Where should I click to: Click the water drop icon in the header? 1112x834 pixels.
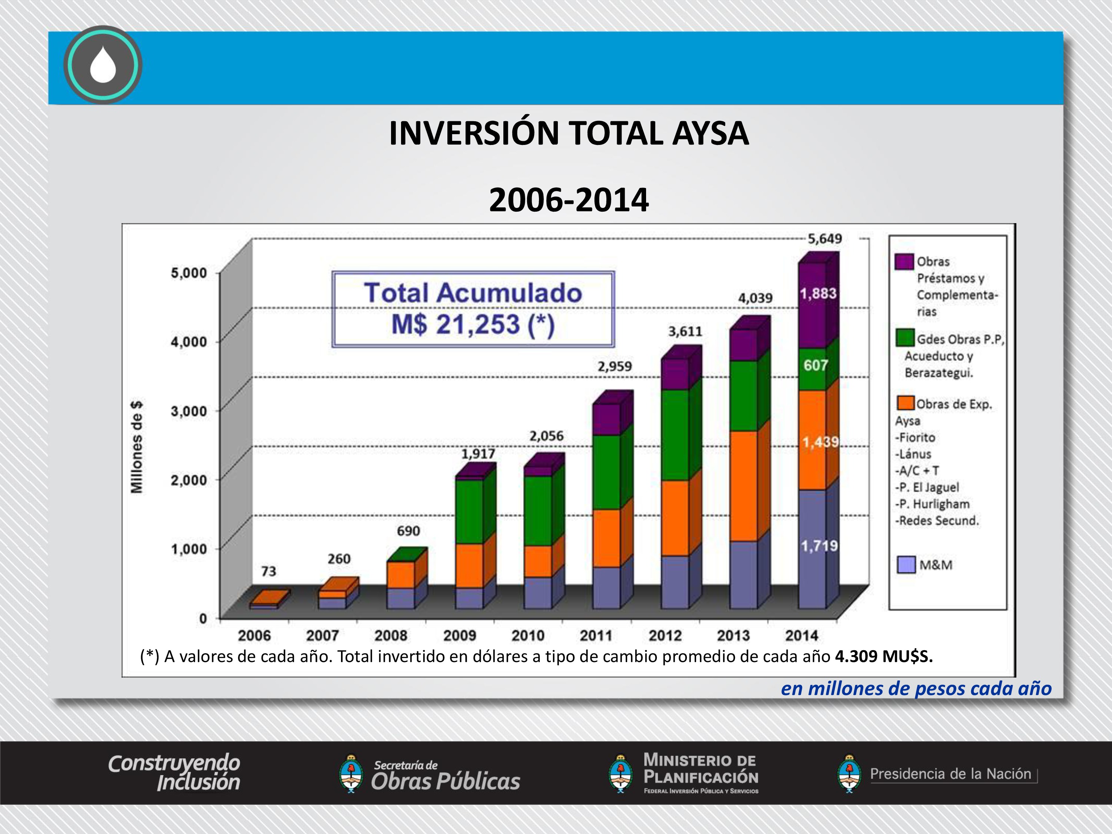[x=103, y=65]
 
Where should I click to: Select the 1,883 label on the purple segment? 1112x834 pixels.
[x=818, y=294]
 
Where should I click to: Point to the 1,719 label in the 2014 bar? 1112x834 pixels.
[x=819, y=546]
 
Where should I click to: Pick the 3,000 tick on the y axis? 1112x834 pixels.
[x=189, y=411]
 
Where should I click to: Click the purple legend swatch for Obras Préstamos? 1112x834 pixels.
[x=904, y=261]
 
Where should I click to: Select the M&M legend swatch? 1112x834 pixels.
[x=906, y=565]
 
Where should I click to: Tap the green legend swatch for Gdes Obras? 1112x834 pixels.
[x=905, y=338]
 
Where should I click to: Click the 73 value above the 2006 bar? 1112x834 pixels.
[x=268, y=571]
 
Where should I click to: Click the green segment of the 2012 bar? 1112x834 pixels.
[x=675, y=435]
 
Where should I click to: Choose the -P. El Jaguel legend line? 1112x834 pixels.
[x=927, y=487]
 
